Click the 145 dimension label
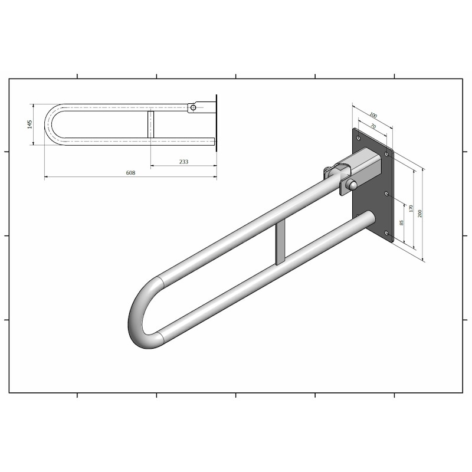(30, 124)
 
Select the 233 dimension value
(183, 162)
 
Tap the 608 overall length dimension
(130, 172)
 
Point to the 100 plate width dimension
(373, 115)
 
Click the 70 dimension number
(373, 126)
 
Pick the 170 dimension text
(411, 208)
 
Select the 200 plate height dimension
(420, 213)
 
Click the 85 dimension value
(401, 223)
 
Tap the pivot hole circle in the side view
(194, 107)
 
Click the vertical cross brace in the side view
(150, 124)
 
